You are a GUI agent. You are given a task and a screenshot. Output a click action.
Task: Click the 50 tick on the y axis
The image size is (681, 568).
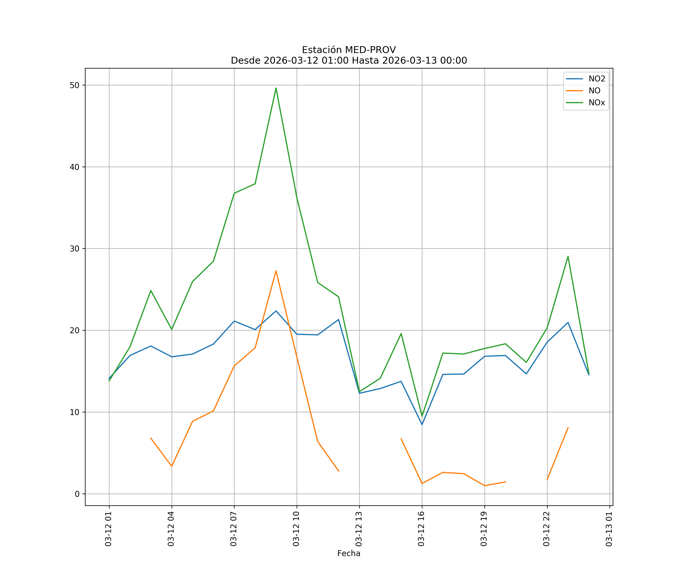[75, 85]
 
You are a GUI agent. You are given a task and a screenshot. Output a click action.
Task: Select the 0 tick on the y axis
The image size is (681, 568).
[77, 494]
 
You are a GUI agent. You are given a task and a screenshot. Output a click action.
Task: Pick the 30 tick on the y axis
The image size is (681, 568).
[75, 249]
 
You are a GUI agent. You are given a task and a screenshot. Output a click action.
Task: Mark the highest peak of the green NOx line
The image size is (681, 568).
[276, 88]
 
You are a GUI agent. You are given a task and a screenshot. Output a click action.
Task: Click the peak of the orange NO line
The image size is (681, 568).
[276, 271]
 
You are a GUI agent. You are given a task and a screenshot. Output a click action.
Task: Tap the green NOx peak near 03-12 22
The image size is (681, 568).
[568, 256]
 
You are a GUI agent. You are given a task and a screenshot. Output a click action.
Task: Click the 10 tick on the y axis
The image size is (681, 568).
[75, 412]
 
